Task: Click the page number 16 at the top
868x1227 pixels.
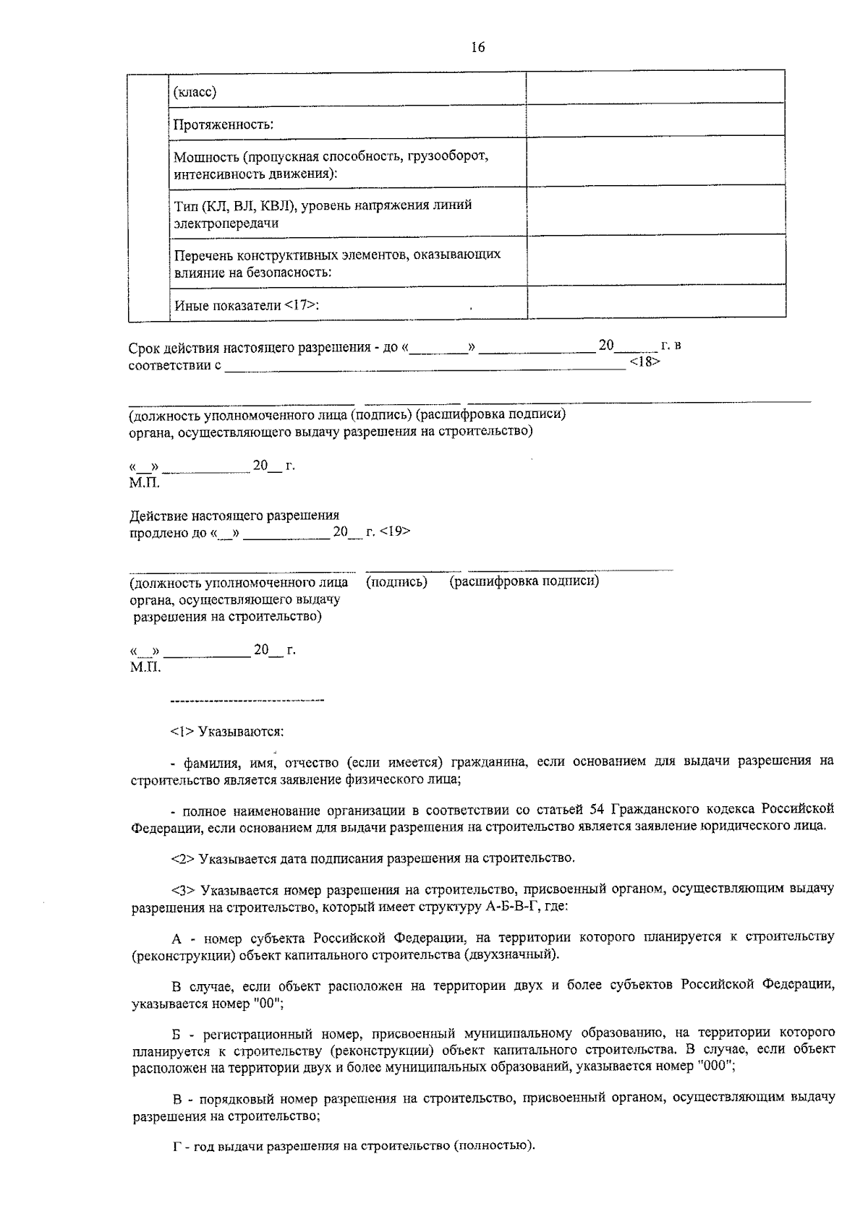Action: (x=477, y=48)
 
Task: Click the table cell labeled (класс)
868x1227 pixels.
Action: (x=195, y=93)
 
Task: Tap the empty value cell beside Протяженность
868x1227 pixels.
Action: (x=655, y=120)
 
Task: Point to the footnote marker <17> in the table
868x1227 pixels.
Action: (x=299, y=305)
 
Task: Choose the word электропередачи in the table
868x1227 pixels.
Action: (x=226, y=223)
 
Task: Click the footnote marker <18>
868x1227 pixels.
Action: (x=644, y=362)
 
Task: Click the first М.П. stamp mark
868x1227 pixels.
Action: (x=145, y=482)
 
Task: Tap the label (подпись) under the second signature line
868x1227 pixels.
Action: (x=396, y=582)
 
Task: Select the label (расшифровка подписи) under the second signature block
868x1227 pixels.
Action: (x=524, y=581)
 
